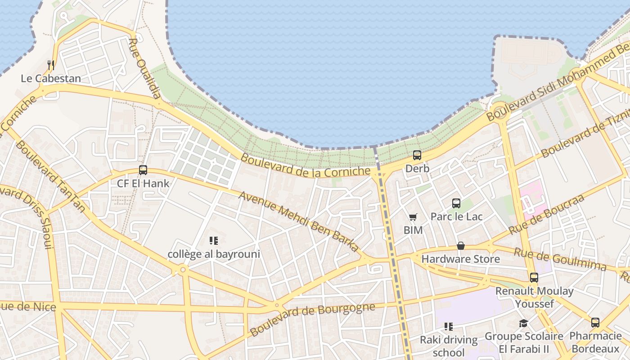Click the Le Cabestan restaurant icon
click(51, 65)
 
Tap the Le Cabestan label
click(51, 78)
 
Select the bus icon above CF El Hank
click(143, 170)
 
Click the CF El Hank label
click(143, 183)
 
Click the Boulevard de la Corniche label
click(306, 166)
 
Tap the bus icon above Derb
click(417, 155)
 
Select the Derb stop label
click(417, 168)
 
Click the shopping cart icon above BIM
click(413, 217)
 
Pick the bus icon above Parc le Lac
click(456, 203)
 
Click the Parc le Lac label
click(456, 216)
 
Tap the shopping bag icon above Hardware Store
click(460, 246)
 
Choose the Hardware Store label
click(460, 259)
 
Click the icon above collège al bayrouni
click(214, 241)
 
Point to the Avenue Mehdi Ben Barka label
click(299, 221)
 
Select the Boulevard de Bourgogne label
click(312, 319)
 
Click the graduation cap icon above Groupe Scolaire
click(523, 323)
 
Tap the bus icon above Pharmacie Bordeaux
click(595, 323)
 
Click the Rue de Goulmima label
click(560, 259)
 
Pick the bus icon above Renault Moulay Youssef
click(534, 278)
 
